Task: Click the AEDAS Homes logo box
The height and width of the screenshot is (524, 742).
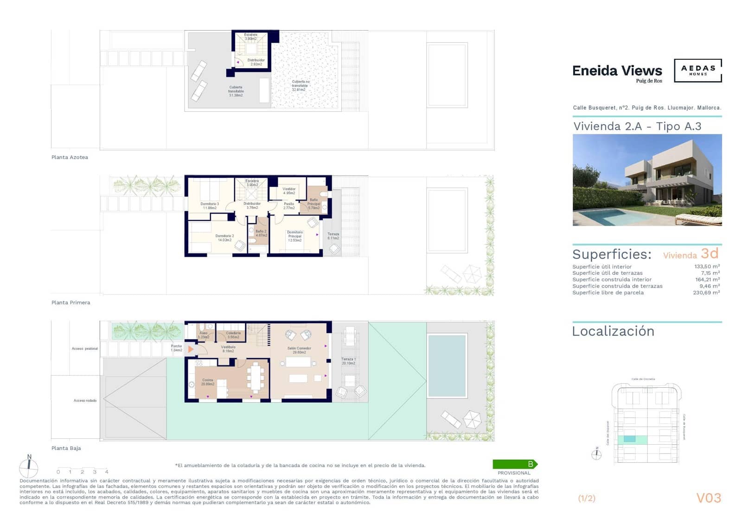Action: coord(697,70)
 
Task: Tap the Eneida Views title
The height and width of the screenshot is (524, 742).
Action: coord(617,71)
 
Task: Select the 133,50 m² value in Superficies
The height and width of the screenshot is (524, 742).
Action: coord(706,267)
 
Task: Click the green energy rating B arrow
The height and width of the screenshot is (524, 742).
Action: coord(515,464)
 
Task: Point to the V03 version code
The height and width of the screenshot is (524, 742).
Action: coord(709,498)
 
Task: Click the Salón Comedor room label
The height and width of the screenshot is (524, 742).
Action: coord(299,350)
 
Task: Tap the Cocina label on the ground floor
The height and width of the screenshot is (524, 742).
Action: coord(207,382)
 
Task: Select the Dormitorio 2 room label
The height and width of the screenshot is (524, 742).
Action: coord(224,238)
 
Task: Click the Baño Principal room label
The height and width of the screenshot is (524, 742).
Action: coord(314,204)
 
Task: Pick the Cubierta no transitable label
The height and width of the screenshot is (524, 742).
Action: coord(300,85)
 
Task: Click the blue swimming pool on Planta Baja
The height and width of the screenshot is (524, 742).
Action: coord(447,366)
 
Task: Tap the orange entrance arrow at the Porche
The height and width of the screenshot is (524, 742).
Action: coord(191,349)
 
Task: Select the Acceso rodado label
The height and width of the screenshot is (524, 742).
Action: coord(85,401)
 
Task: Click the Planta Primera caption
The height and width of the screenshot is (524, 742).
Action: coord(70,303)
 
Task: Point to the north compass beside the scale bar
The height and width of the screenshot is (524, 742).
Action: coord(29,467)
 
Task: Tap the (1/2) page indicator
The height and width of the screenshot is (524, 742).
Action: coord(587,499)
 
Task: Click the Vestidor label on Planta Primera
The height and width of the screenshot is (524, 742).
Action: coord(289,191)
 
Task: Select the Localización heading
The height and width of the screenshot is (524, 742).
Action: coord(613,331)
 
